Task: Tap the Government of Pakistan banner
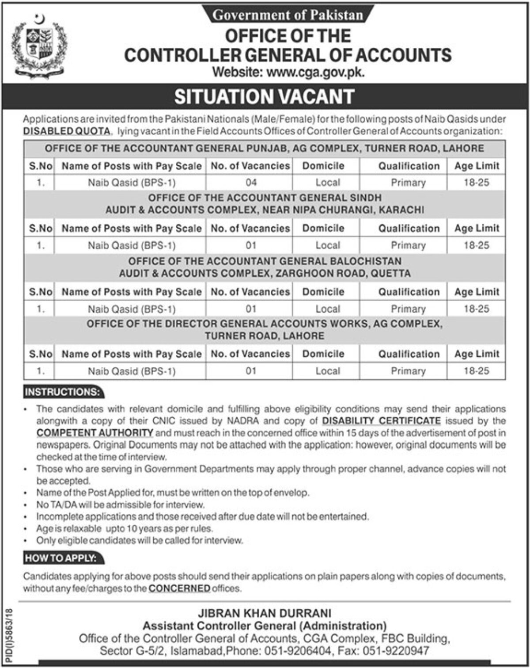coord(288,15)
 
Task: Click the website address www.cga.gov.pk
coord(316,72)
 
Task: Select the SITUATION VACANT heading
coord(265,97)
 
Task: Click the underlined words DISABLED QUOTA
coord(66,131)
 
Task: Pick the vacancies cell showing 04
coord(251,183)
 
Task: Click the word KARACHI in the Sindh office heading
coord(401,210)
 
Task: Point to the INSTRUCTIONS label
coord(62,392)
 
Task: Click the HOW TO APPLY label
coord(61,558)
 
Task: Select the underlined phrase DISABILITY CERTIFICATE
coord(382,420)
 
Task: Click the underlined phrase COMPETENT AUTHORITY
coord(95,432)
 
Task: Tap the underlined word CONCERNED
coord(179,588)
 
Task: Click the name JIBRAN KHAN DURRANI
coord(265,613)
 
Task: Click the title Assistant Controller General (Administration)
coord(265,626)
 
